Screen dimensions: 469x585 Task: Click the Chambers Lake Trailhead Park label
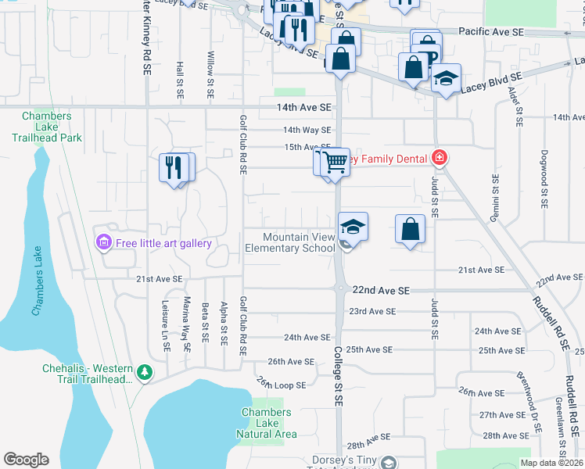coord(47,127)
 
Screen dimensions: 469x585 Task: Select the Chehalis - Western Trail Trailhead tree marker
coord(143,373)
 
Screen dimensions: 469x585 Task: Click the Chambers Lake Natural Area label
coord(266,423)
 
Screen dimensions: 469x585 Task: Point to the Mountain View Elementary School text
coord(289,242)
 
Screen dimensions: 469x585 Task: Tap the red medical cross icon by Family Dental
coord(440,159)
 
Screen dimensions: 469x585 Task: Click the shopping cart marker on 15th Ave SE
coord(336,163)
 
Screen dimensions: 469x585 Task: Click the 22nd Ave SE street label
coord(381,290)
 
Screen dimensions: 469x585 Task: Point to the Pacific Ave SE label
coord(490,32)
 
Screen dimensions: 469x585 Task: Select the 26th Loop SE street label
coord(279,383)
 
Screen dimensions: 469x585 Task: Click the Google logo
coord(26,459)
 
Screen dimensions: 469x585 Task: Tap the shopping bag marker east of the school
coord(410,229)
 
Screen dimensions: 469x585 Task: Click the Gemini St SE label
coord(495,198)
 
